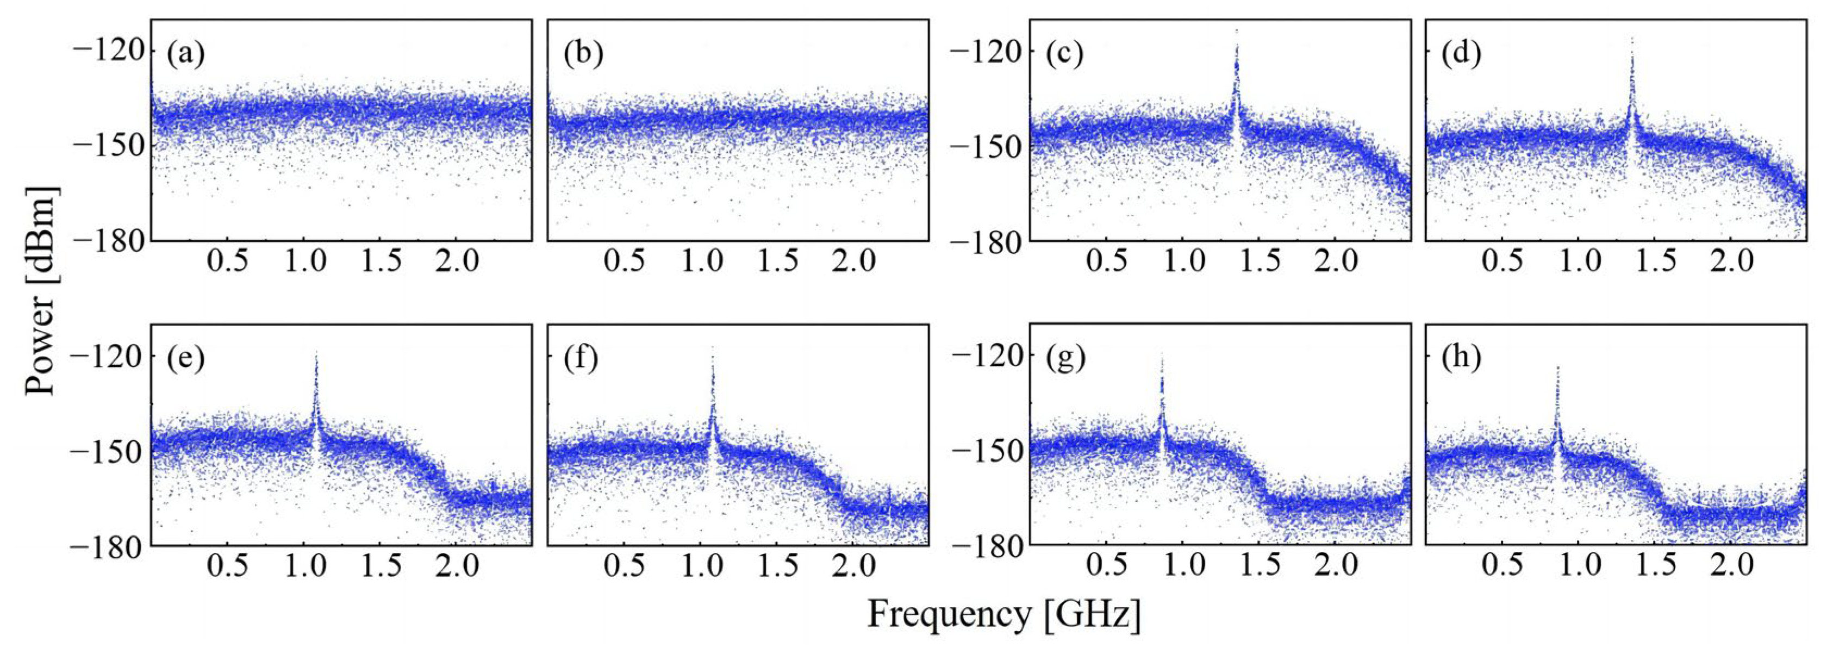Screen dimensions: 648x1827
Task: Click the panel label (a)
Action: click(x=185, y=54)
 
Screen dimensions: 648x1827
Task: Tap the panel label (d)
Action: click(x=1462, y=54)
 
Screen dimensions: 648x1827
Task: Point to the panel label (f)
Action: click(x=581, y=359)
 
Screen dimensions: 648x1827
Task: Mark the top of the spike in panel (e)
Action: click(x=316, y=352)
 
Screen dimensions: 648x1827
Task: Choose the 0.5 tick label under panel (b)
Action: click(x=624, y=261)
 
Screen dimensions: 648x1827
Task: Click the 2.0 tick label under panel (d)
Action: click(x=1732, y=261)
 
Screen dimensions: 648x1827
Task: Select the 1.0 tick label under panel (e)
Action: click(x=305, y=566)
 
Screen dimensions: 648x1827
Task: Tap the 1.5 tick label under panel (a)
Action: click(x=382, y=261)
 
